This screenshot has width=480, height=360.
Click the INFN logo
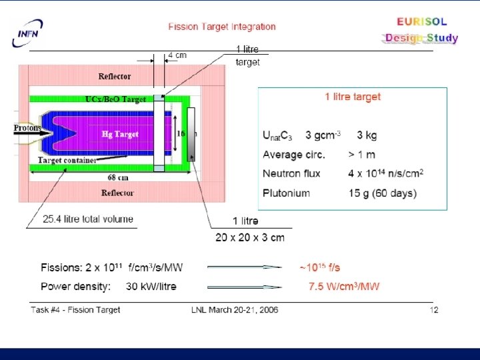26,33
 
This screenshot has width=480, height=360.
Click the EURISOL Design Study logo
421,30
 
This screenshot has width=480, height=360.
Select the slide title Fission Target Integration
222,27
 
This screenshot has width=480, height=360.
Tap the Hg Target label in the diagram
120,134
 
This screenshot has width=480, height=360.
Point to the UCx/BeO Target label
115,99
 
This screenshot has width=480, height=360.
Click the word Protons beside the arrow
27,128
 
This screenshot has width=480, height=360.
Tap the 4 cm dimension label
177,55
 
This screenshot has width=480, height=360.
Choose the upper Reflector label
115,77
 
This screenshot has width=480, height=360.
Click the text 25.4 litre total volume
88,219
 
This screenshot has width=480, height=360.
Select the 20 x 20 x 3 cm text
249,237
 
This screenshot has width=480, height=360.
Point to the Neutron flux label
291,174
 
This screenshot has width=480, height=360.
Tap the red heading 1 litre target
353,97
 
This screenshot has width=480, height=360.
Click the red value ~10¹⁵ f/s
319,267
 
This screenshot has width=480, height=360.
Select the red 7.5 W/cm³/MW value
344,287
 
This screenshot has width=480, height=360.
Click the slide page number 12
434,310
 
